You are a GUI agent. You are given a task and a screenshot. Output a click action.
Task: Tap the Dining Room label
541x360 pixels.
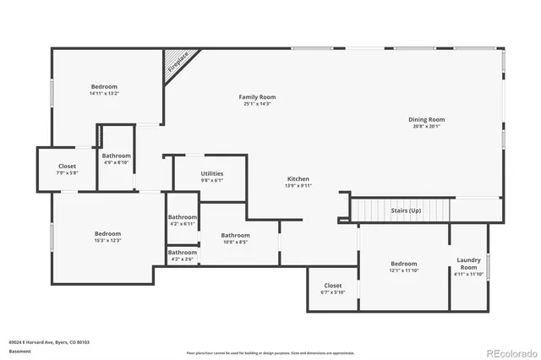pos(427,120)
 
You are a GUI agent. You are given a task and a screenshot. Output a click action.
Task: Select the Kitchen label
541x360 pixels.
pos(298,179)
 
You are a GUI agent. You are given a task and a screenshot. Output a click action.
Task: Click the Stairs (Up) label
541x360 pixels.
pos(405,210)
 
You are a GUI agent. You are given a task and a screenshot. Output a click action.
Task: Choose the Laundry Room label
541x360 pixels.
pos(468,263)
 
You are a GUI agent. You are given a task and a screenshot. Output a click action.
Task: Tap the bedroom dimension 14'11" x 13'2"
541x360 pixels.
pos(105,95)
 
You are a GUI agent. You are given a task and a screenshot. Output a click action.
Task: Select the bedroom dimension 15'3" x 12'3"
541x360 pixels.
pos(107,241)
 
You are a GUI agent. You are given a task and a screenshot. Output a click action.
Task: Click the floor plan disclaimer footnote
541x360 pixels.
pos(270,352)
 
